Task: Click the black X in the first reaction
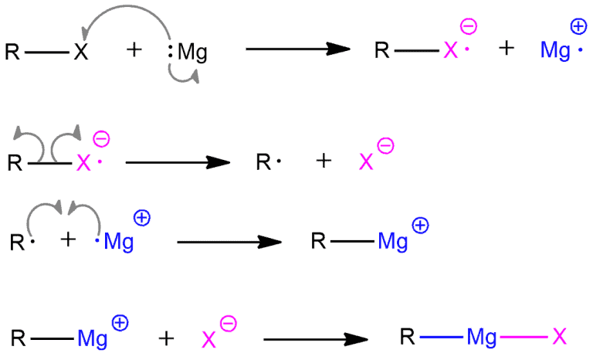[x=81, y=52]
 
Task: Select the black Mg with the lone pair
[x=192, y=53]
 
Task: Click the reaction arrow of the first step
[x=298, y=49]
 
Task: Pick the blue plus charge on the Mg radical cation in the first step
[x=578, y=27]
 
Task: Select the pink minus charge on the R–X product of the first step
[x=469, y=26]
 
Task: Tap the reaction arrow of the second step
[x=178, y=162]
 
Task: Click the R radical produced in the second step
[x=268, y=162]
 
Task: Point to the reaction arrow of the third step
[x=229, y=242]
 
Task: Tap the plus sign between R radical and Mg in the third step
[x=68, y=240]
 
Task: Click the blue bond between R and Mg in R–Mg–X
[x=442, y=337]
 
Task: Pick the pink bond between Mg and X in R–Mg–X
[x=524, y=337]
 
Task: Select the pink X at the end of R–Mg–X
[x=559, y=336]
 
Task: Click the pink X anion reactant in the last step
[x=208, y=340]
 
